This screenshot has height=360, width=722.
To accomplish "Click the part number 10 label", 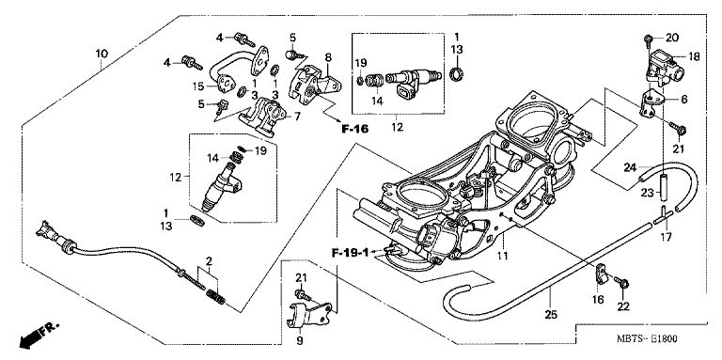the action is point(102,54).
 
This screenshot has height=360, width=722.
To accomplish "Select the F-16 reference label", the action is point(355,129).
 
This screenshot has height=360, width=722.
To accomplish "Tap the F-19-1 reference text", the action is point(351,252).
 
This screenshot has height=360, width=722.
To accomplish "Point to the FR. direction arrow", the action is point(39,335).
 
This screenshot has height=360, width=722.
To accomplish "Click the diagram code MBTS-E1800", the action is point(647,339).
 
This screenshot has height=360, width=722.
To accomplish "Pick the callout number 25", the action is point(551,315).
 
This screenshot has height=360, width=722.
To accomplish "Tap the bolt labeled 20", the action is point(647,40).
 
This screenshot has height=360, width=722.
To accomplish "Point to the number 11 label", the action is point(502,256).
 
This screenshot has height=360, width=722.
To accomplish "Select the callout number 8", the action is point(328,57).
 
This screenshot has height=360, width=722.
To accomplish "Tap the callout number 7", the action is point(297,117).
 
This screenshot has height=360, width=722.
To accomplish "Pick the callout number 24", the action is point(631,167).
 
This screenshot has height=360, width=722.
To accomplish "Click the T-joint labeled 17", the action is point(665,217).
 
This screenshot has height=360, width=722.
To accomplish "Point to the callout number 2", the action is point(209,261).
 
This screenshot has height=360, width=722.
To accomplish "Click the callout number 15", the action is point(198,86).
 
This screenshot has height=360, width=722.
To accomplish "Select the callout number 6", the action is point(683,99).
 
